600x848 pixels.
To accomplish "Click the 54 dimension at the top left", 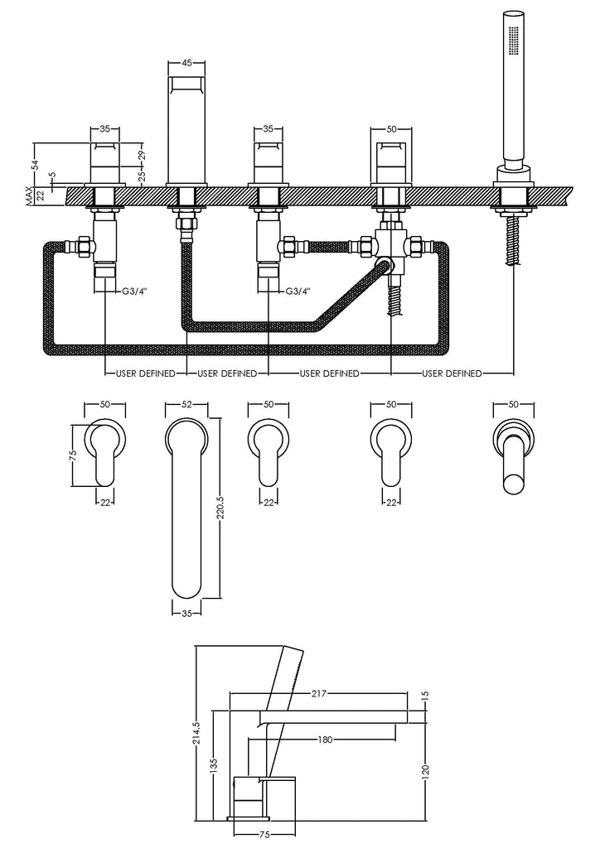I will click(35, 164).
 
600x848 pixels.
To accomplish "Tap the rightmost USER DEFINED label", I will click(452, 373).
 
